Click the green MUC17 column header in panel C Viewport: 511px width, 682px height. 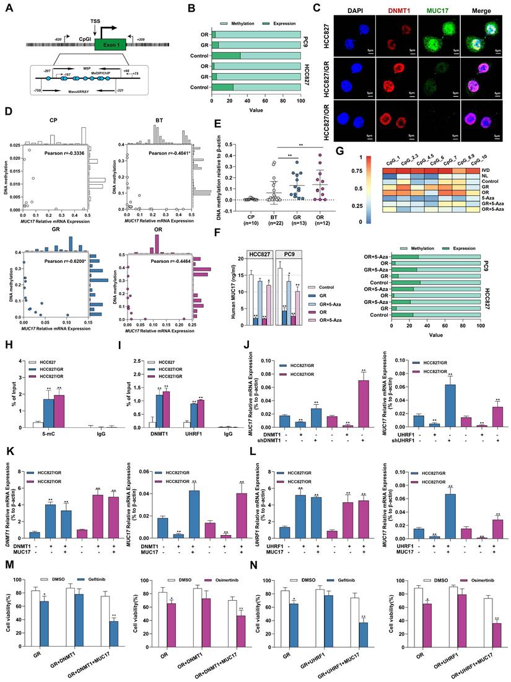[439, 11]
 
